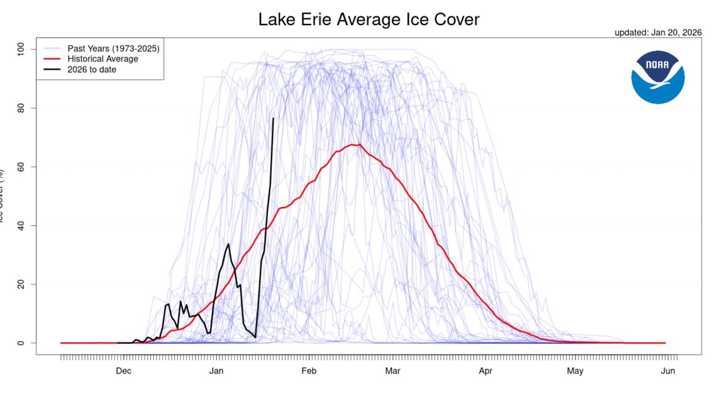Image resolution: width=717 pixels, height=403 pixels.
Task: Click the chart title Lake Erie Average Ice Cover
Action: [369, 19]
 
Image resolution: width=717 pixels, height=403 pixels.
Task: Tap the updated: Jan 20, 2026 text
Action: [658, 33]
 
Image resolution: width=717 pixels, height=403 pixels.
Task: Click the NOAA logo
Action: [658, 77]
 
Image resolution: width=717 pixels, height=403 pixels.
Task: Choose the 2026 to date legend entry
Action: [92, 70]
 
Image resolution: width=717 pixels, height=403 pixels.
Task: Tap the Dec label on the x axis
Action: [124, 371]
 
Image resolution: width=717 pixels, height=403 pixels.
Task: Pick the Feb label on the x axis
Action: [309, 371]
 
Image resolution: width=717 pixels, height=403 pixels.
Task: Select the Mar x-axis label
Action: [392, 371]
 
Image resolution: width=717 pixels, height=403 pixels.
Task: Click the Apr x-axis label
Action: [486, 371]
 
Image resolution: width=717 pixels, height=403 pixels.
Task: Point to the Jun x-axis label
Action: [668, 371]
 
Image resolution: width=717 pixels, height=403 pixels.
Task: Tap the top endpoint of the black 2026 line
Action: [273, 118]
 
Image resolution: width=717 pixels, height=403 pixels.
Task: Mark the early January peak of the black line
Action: [228, 244]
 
